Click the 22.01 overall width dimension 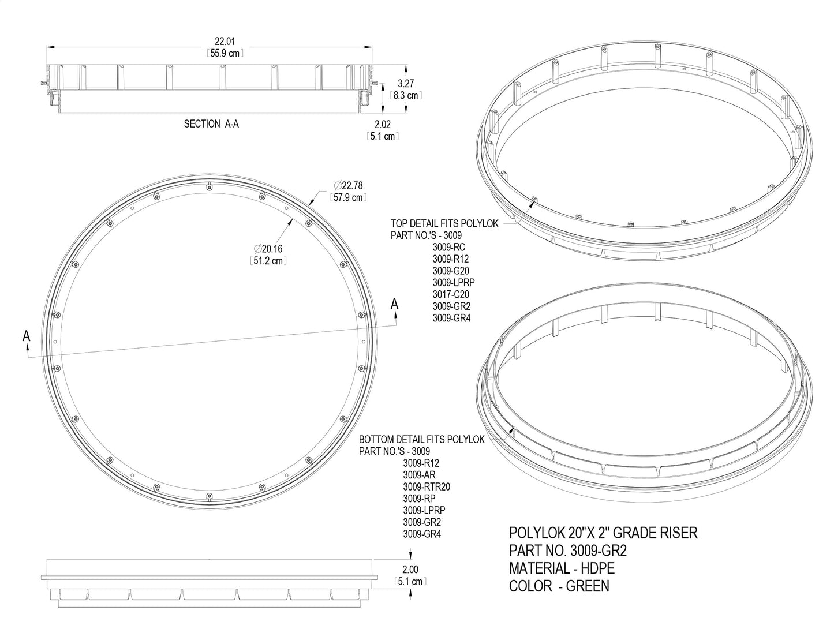click(x=224, y=42)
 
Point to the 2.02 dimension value click(x=383, y=124)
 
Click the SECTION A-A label click(x=211, y=123)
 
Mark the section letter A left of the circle click(x=26, y=335)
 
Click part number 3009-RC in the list click(x=449, y=247)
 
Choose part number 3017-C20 click(x=451, y=294)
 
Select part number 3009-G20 click(x=451, y=271)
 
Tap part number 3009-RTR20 click(x=427, y=486)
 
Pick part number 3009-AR click(x=419, y=474)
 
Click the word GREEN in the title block click(x=588, y=586)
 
